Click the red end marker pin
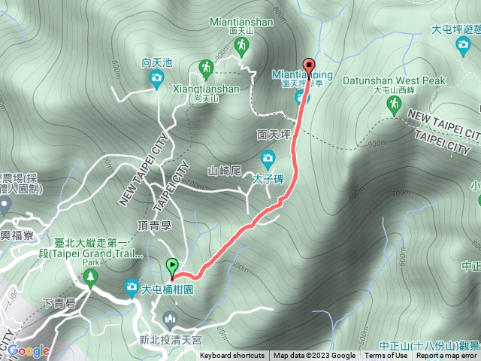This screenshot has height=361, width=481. click(x=307, y=65)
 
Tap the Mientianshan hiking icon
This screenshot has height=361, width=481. click(x=241, y=47)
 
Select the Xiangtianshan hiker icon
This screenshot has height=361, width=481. click(x=206, y=70)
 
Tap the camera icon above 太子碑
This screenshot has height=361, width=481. click(x=267, y=158)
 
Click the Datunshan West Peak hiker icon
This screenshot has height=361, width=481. click(x=394, y=108)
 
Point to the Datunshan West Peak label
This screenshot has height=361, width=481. click(x=394, y=80)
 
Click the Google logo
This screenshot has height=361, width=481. click(x=29, y=350)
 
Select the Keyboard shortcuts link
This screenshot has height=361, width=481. click(x=231, y=356)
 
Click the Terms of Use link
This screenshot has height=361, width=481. click(x=386, y=356)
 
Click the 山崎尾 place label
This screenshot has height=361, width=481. click(x=223, y=171)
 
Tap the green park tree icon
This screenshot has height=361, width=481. click(x=91, y=278)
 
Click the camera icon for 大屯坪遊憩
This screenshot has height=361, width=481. click(x=463, y=46)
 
